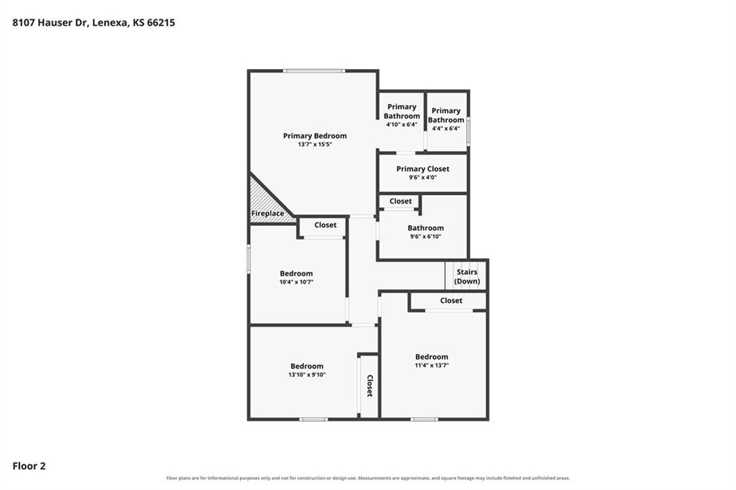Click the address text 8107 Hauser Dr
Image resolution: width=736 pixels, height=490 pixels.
pyautogui.click(x=50, y=22)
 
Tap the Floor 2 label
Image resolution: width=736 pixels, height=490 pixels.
pyautogui.click(x=29, y=466)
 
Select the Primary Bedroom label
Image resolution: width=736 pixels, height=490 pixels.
pyautogui.click(x=315, y=136)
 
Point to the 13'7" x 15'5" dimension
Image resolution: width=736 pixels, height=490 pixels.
pyautogui.click(x=315, y=145)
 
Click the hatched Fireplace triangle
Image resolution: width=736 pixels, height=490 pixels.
pyautogui.click(x=265, y=203)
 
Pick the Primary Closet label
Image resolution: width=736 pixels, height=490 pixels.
pyautogui.click(x=423, y=168)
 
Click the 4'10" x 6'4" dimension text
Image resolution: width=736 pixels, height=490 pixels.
pyautogui.click(x=402, y=124)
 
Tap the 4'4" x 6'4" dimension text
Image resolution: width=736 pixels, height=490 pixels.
pyautogui.click(x=446, y=128)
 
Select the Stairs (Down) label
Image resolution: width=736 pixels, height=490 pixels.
pyautogui.click(x=467, y=277)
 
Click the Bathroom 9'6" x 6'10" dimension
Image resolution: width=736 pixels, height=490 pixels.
pyautogui.click(x=425, y=237)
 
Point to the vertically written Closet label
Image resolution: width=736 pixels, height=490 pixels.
pyautogui.click(x=369, y=386)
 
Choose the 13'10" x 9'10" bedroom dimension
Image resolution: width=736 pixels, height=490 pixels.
pyautogui.click(x=307, y=375)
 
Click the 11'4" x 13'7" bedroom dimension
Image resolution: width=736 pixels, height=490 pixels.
pyautogui.click(x=432, y=366)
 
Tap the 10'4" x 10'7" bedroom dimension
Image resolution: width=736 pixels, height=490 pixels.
pyautogui.click(x=296, y=282)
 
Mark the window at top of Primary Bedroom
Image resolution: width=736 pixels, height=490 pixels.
pyautogui.click(x=314, y=71)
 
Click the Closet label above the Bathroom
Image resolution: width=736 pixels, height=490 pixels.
pyautogui.click(x=400, y=201)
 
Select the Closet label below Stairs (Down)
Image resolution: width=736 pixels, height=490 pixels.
pyautogui.click(x=451, y=301)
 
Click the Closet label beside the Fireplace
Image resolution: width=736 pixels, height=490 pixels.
pyautogui.click(x=326, y=225)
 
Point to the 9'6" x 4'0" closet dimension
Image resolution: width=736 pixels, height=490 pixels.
pyautogui.click(x=423, y=178)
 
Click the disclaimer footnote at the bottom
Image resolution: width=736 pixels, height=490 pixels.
pyautogui.click(x=368, y=478)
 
